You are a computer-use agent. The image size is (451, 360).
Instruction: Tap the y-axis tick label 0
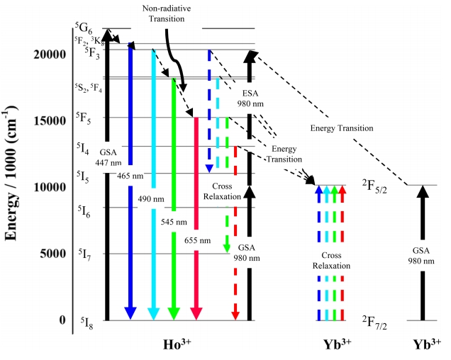[64, 320]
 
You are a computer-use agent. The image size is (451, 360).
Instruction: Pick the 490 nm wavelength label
[150, 200]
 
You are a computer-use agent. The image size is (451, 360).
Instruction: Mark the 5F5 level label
[85, 117]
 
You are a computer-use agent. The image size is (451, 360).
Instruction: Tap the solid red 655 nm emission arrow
[196, 213]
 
